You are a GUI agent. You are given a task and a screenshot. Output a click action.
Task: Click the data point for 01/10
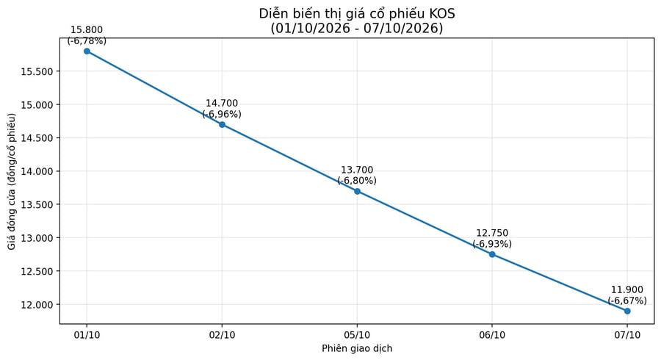click(87, 51)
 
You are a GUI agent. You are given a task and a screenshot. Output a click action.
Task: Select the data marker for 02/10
click(222, 125)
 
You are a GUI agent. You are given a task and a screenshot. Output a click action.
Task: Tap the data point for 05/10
click(357, 191)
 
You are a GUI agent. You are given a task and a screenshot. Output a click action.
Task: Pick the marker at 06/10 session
click(492, 255)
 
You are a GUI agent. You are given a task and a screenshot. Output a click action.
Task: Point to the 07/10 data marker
click(627, 311)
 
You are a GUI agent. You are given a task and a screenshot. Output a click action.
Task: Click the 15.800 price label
click(87, 30)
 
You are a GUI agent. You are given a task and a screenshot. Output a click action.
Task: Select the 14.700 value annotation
click(222, 104)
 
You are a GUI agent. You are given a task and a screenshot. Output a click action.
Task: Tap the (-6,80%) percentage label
click(357, 181)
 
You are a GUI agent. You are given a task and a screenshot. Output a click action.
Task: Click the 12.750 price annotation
click(492, 233)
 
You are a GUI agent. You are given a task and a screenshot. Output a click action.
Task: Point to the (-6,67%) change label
click(627, 301)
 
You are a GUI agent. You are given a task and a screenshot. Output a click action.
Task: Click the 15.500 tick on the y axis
click(37, 72)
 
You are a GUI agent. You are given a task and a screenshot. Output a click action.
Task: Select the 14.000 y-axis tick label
click(37, 172)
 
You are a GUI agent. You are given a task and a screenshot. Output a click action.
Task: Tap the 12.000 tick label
click(37, 305)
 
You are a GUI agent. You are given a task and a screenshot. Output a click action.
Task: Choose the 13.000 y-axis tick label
click(37, 238)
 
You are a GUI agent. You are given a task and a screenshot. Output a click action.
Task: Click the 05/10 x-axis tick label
click(357, 335)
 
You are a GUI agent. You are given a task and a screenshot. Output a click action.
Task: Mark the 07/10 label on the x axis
click(627, 335)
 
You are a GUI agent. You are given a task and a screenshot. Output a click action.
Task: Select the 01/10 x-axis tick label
click(87, 335)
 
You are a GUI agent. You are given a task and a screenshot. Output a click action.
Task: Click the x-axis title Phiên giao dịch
click(357, 349)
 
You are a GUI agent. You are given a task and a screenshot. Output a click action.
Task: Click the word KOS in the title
click(442, 14)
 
